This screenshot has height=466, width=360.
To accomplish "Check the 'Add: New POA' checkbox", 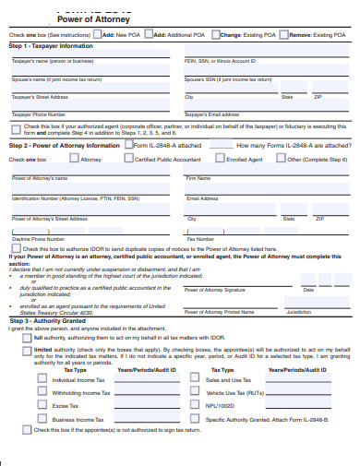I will (x=96, y=34).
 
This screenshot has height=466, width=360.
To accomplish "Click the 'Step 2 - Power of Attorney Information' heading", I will (x=65, y=145).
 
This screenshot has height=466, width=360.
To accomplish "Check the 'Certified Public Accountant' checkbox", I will (x=130, y=159).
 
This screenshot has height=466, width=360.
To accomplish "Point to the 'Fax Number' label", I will (x=198, y=239).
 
